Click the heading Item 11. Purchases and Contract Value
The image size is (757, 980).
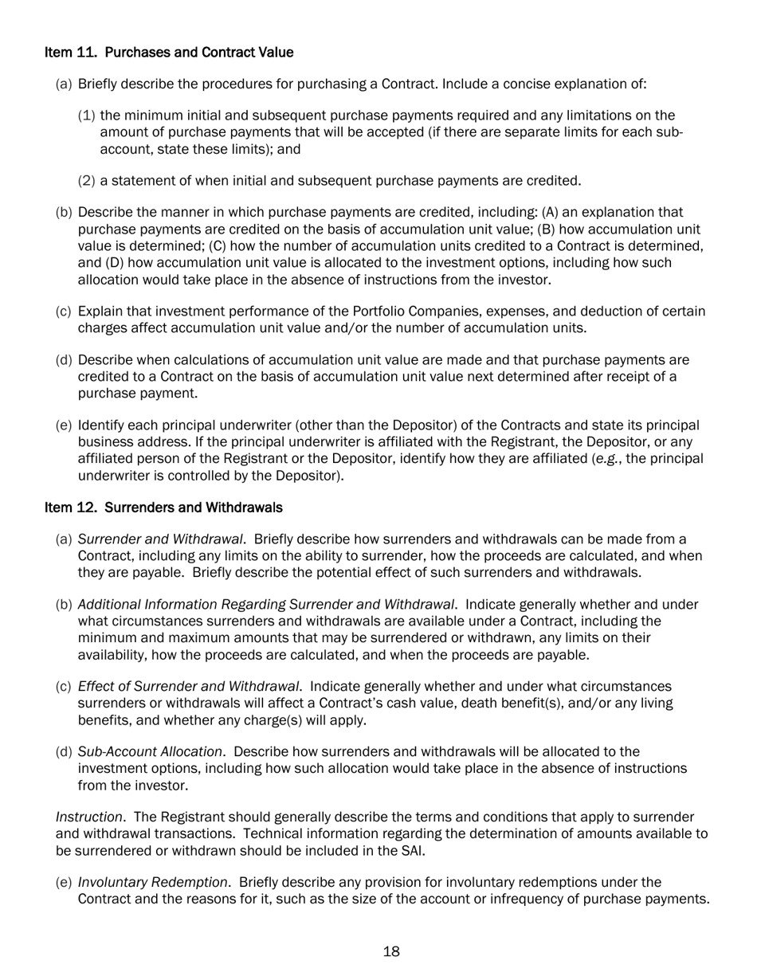pyautogui.click(x=169, y=53)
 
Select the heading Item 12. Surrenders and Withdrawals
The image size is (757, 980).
pyautogui.click(x=163, y=508)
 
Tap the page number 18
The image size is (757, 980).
pyautogui.click(x=391, y=951)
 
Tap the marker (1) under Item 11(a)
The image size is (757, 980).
pyautogui.click(x=86, y=116)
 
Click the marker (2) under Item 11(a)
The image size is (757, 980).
pyautogui.click(x=86, y=182)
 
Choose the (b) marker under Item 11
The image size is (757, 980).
pyautogui.click(x=64, y=214)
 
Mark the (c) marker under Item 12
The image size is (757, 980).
pyautogui.click(x=64, y=687)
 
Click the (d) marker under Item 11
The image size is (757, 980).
pyautogui.click(x=64, y=361)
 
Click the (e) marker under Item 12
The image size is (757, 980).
pyautogui.click(x=64, y=883)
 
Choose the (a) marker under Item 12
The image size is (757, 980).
pyautogui.click(x=64, y=540)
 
